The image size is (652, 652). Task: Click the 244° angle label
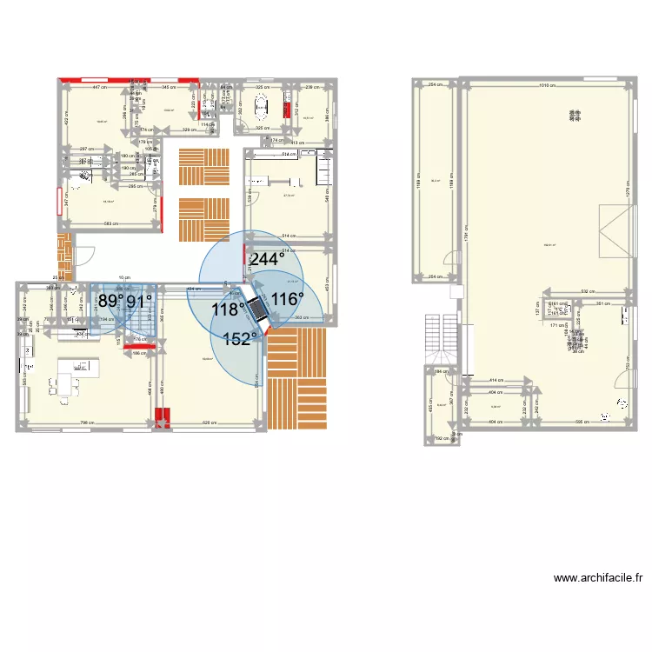pyautogui.click(x=268, y=259)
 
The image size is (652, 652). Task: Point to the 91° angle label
pyautogui.click(x=140, y=302)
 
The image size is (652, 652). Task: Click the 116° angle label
pyautogui.click(x=288, y=299)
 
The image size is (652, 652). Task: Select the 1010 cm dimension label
pyautogui.click(x=546, y=85)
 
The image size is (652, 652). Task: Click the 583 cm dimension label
pyautogui.click(x=110, y=224)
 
